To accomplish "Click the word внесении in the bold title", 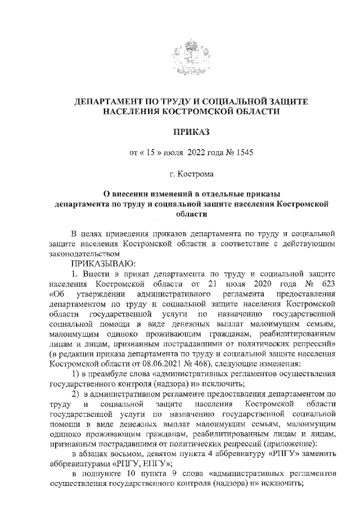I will (x=141, y=193).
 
